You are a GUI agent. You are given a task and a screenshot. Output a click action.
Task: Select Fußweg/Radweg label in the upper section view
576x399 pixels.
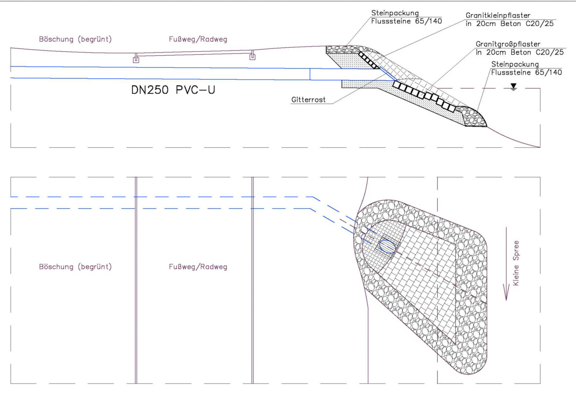click(198, 39)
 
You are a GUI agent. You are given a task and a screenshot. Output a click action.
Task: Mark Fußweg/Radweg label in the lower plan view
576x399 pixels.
click(198, 267)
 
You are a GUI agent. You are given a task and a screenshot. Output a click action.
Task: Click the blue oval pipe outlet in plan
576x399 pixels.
click(387, 246)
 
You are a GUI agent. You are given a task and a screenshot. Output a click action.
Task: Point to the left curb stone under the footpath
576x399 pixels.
click(136, 60)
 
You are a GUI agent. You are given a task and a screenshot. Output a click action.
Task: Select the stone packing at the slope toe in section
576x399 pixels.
click(473, 116)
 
